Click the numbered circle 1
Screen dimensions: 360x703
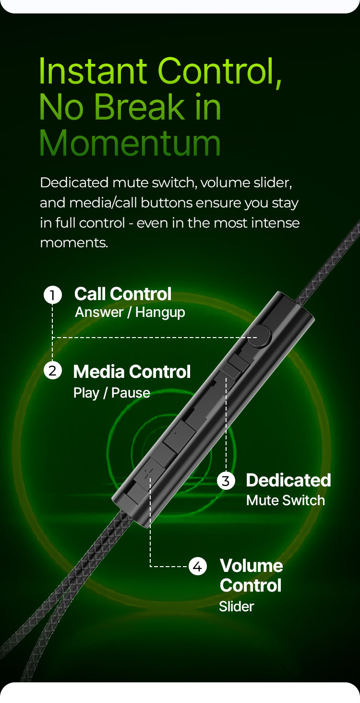click(53, 295)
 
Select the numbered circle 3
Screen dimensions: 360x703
click(226, 481)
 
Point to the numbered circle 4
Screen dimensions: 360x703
click(198, 567)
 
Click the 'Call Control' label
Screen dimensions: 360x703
click(123, 294)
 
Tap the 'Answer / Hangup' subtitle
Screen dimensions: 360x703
click(130, 313)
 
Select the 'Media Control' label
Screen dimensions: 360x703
click(132, 372)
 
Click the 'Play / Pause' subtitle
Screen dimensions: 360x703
click(112, 393)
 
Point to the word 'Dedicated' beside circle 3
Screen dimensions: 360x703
click(288, 480)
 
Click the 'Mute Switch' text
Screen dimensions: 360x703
click(286, 500)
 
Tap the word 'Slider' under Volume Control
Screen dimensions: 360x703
click(237, 606)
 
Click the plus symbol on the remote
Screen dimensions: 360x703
click(149, 472)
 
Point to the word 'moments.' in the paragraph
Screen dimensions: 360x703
click(74, 242)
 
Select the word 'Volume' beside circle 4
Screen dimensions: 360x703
click(252, 566)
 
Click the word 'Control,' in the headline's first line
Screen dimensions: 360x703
click(219, 71)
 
